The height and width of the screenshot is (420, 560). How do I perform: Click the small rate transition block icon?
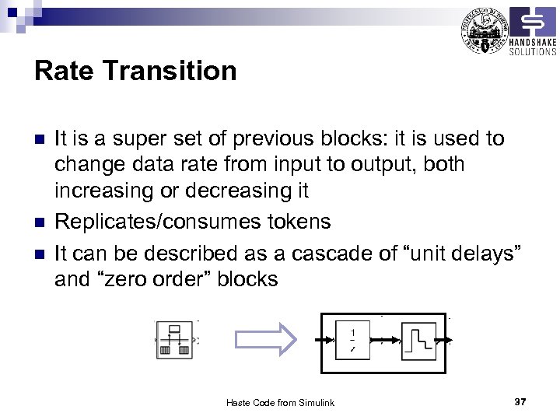tap(175, 340)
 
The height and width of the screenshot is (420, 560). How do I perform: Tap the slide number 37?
tap(520, 401)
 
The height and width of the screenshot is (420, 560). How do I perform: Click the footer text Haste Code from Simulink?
tap(280, 402)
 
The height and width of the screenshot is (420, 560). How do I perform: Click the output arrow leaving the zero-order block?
tap(446, 341)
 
